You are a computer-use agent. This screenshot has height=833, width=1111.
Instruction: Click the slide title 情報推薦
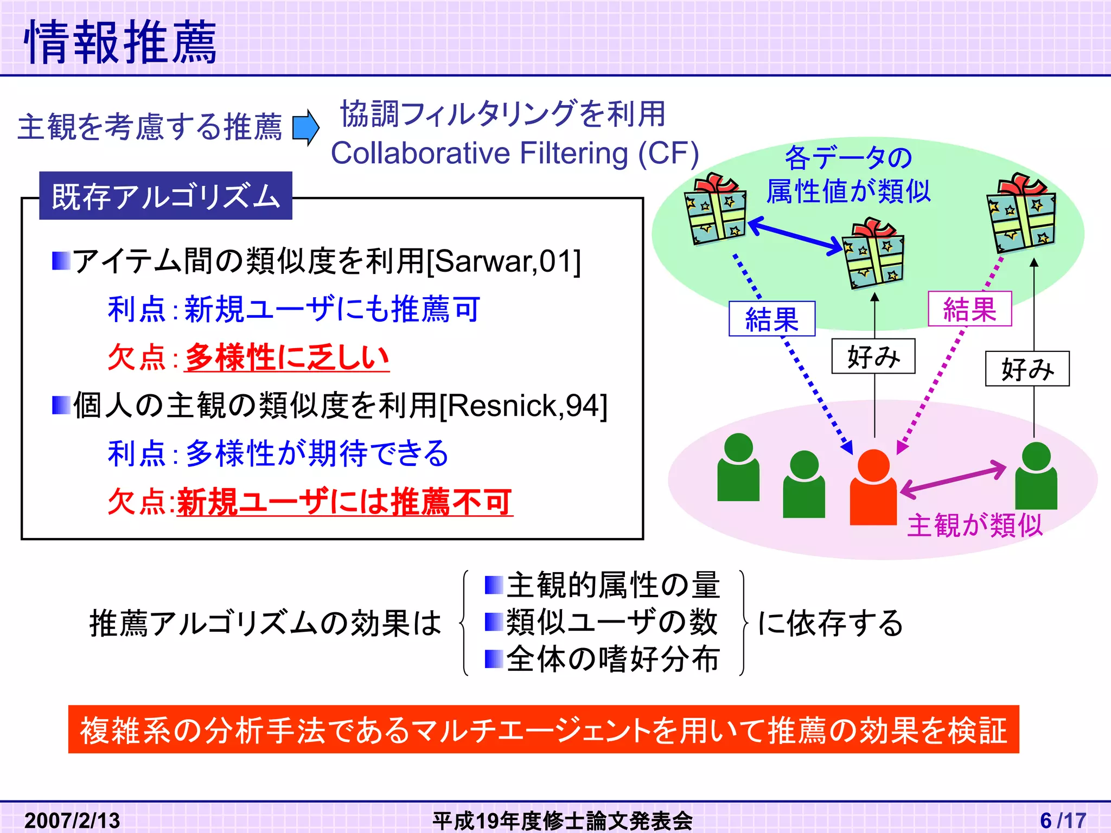[120, 42]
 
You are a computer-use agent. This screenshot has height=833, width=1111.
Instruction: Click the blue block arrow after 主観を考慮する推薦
[305, 128]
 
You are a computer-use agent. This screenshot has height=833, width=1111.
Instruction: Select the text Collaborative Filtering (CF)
[514, 153]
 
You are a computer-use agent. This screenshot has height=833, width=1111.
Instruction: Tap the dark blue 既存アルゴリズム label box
[165, 196]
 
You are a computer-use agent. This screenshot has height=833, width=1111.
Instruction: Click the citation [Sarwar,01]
[504, 261]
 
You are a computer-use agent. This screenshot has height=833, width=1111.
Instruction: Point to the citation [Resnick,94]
[523, 405]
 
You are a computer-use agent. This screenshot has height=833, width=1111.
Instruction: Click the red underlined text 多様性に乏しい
[286, 357]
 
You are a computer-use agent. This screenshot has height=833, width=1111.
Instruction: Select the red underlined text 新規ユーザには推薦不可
[344, 502]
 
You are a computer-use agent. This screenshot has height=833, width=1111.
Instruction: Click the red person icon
[873, 488]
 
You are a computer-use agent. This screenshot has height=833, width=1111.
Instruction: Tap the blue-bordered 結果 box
[771, 319]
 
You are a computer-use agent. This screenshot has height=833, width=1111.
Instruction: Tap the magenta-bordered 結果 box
[969, 309]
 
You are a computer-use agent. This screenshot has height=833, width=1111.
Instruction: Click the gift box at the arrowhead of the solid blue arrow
[873, 254]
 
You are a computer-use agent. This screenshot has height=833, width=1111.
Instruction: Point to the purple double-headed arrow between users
[953, 478]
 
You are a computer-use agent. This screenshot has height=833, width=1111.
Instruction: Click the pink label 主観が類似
[974, 525]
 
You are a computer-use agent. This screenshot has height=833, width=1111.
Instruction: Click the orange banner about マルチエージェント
[543, 729]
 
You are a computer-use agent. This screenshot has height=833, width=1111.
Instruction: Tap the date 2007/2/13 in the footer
[72, 820]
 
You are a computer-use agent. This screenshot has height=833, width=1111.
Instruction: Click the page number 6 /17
[1063, 820]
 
